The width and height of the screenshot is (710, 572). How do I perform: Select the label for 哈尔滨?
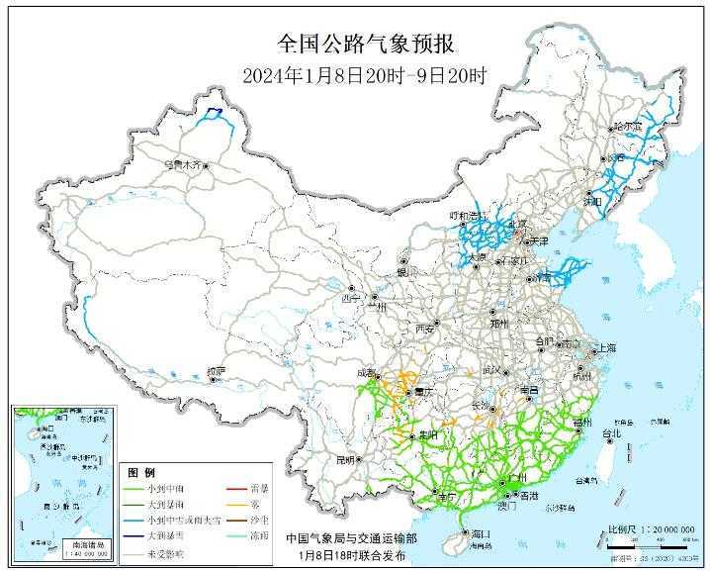(x=627, y=127)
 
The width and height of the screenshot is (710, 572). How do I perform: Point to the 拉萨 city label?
(x=216, y=371)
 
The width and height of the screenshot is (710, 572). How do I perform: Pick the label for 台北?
(x=612, y=433)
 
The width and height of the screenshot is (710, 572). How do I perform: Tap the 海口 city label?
(x=482, y=534)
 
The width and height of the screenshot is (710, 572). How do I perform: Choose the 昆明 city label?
(x=344, y=460)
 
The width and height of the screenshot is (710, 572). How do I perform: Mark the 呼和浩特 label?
(x=466, y=215)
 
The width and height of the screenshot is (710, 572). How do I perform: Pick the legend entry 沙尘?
(x=260, y=520)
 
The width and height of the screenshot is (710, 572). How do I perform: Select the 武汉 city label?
(x=491, y=369)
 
